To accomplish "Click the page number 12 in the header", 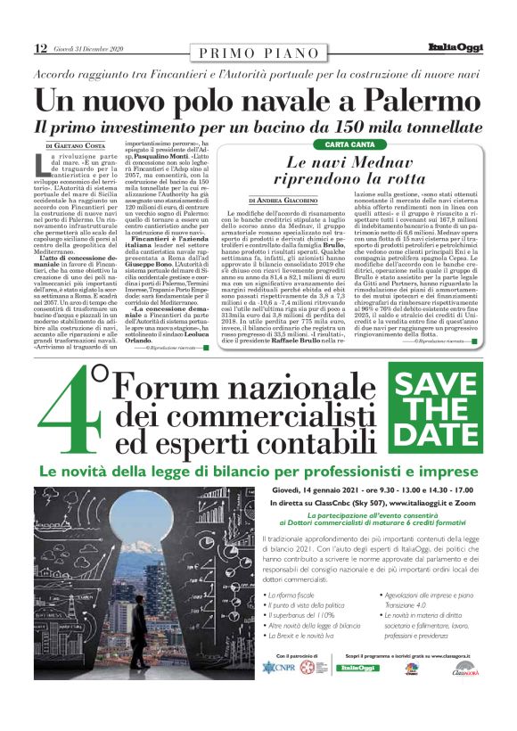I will [40, 47].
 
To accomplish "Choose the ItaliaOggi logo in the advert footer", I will [357, 668].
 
